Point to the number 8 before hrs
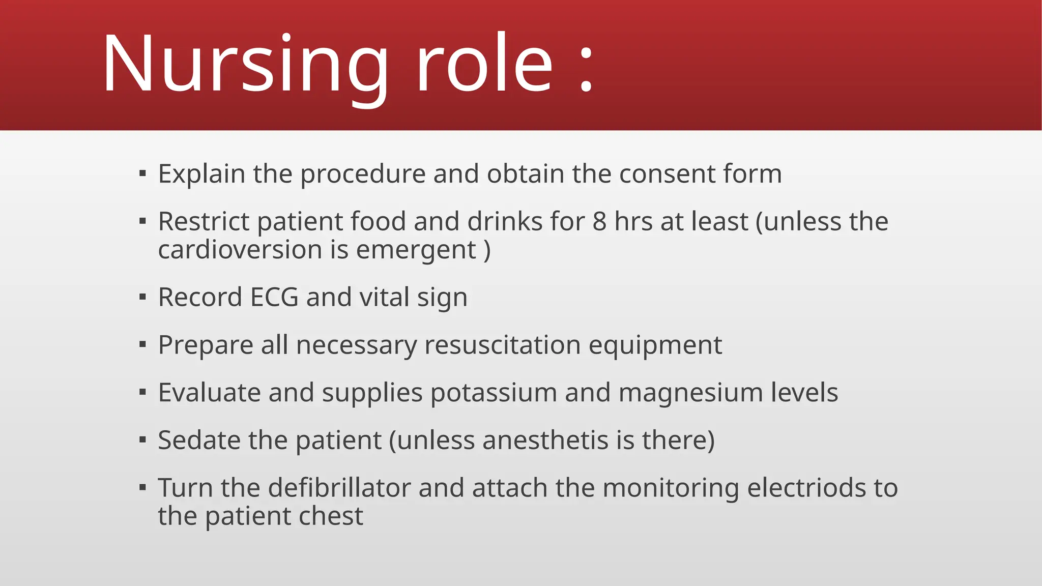tap(599, 222)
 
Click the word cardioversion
tap(240, 250)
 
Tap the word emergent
tap(416, 251)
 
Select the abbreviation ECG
tap(274, 297)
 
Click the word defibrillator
tap(339, 488)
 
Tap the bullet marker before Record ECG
tap(142, 297)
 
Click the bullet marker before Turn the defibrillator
tap(142, 487)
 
